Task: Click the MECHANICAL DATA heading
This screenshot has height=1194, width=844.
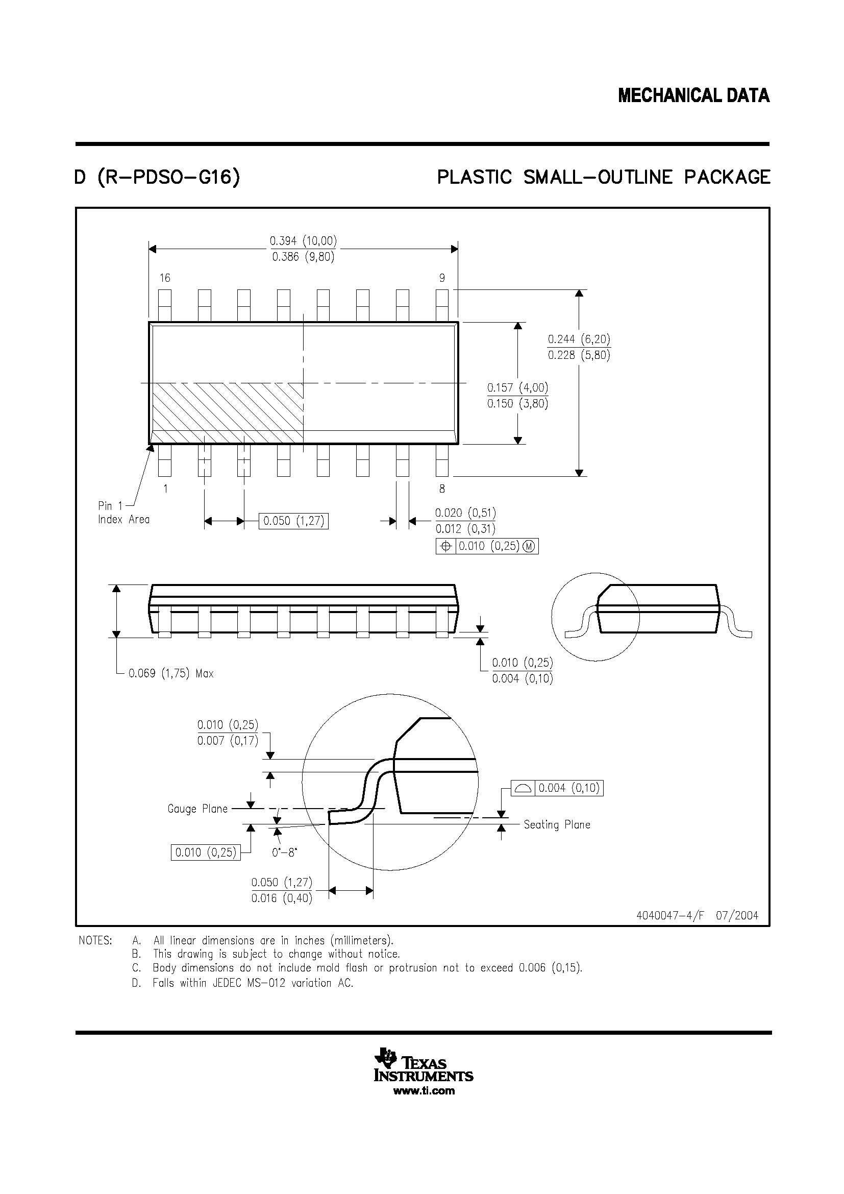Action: click(693, 95)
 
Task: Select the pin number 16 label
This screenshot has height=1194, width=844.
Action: click(165, 278)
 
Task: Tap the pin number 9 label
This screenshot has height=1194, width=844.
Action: click(442, 278)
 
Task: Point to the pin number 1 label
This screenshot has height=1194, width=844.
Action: click(165, 489)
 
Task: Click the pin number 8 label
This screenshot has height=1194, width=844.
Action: click(442, 489)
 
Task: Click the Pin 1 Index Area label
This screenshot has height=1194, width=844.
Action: click(123, 512)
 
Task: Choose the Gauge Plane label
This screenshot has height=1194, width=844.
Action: click(197, 809)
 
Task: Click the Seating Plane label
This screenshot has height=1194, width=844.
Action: click(557, 824)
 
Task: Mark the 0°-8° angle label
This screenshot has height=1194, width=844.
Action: click(284, 853)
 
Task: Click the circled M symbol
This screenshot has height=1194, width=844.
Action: click(529, 546)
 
